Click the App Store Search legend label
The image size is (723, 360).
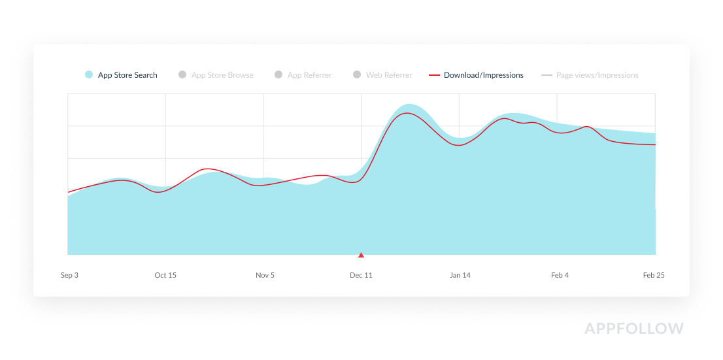(x=127, y=75)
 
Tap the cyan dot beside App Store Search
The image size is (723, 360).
(x=89, y=75)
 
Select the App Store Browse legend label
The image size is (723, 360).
(x=222, y=75)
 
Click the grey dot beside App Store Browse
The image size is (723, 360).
(x=182, y=75)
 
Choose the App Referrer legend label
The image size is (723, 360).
(x=309, y=75)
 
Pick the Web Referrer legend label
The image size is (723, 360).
(x=389, y=75)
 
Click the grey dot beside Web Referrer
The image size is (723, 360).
(x=357, y=75)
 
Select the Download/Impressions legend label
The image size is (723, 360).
(x=484, y=75)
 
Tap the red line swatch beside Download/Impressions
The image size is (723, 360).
(x=434, y=75)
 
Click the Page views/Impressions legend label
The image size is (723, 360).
(x=597, y=75)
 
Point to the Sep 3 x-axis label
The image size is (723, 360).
(x=69, y=275)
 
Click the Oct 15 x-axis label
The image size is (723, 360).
(x=165, y=275)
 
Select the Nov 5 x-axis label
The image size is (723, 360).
(x=265, y=275)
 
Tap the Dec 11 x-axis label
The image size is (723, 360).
(x=361, y=275)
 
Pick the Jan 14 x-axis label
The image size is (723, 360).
(x=460, y=275)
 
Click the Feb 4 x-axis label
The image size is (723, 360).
(x=560, y=275)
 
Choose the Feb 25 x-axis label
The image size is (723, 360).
(x=654, y=275)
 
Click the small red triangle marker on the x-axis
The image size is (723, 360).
(x=361, y=255)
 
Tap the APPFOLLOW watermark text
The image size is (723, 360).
(x=634, y=328)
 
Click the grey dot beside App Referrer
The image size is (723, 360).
(x=278, y=75)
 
